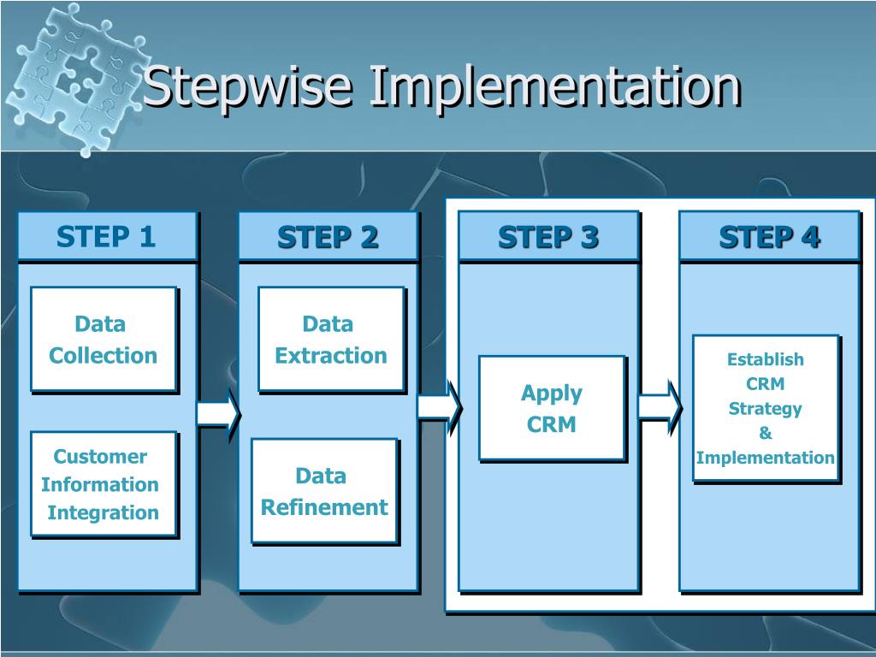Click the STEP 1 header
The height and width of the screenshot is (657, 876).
click(x=107, y=236)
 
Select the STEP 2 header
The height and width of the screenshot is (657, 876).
click(x=328, y=236)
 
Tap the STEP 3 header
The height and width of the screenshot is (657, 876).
click(x=548, y=236)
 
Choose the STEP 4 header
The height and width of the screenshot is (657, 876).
click(x=769, y=236)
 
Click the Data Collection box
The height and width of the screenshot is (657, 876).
click(x=104, y=339)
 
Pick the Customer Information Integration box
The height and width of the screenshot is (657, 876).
click(x=103, y=483)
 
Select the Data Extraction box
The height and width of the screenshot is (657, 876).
click(x=330, y=339)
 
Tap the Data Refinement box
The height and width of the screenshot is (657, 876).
click(x=323, y=490)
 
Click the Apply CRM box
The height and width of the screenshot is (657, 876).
click(x=551, y=408)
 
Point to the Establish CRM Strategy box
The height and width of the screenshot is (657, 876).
click(x=765, y=407)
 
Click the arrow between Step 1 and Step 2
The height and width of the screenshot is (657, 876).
click(x=218, y=414)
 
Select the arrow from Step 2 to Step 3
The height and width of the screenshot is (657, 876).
click(x=439, y=406)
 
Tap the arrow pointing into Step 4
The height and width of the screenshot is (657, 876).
click(x=660, y=406)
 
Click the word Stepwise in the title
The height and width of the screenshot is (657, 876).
click(x=248, y=87)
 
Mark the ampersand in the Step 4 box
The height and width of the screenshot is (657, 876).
click(x=765, y=433)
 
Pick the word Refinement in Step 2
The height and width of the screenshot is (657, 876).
click(x=324, y=507)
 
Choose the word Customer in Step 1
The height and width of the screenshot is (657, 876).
click(x=100, y=456)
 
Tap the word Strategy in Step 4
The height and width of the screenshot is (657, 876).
click(x=765, y=408)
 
